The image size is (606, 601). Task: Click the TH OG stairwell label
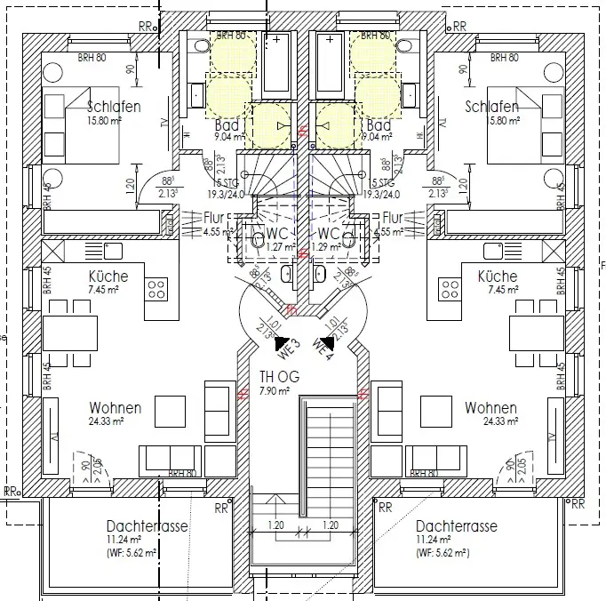coord(279,377)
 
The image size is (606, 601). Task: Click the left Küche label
coord(108,276)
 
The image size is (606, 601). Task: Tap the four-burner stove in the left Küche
coord(157,287)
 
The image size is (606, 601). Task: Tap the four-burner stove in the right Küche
coord(451,287)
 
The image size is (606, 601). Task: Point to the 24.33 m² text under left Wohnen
coord(115,421)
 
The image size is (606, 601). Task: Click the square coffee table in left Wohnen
coord(170,411)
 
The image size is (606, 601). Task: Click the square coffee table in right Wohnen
coord(435,411)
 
